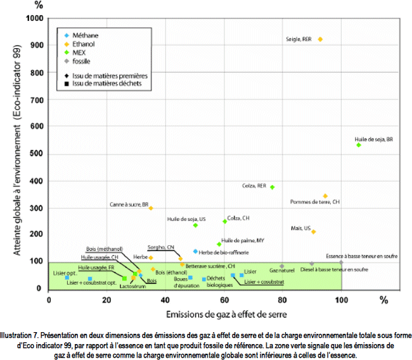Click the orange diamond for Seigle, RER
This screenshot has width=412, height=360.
pyautogui.click(x=320, y=39)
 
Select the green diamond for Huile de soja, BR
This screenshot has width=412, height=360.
pyautogui.click(x=359, y=145)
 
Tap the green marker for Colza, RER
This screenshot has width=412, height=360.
pyautogui.click(x=272, y=187)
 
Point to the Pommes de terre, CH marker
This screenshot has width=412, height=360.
pyautogui.click(x=325, y=196)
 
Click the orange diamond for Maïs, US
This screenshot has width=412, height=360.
pyautogui.click(x=313, y=232)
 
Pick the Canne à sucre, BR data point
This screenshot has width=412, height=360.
pyautogui.click(x=151, y=208)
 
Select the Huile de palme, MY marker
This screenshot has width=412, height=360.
pyautogui.click(x=219, y=244)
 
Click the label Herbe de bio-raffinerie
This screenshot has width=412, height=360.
pyautogui.click(x=223, y=252)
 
